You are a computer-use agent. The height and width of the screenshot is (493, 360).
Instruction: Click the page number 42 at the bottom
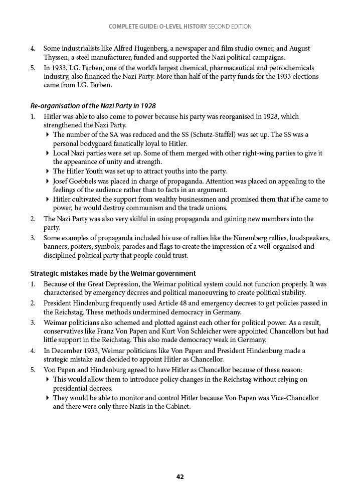[x=180, y=477]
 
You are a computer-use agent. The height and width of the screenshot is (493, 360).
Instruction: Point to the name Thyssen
[x=56, y=58]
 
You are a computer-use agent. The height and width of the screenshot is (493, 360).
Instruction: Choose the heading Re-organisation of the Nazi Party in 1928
[x=93, y=106]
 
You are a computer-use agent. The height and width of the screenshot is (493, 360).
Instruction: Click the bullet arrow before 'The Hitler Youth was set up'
[x=47, y=171]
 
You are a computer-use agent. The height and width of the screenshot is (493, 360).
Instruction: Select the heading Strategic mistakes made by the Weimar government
[x=113, y=273]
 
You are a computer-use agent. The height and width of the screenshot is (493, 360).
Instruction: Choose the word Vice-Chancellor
[x=292, y=398]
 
